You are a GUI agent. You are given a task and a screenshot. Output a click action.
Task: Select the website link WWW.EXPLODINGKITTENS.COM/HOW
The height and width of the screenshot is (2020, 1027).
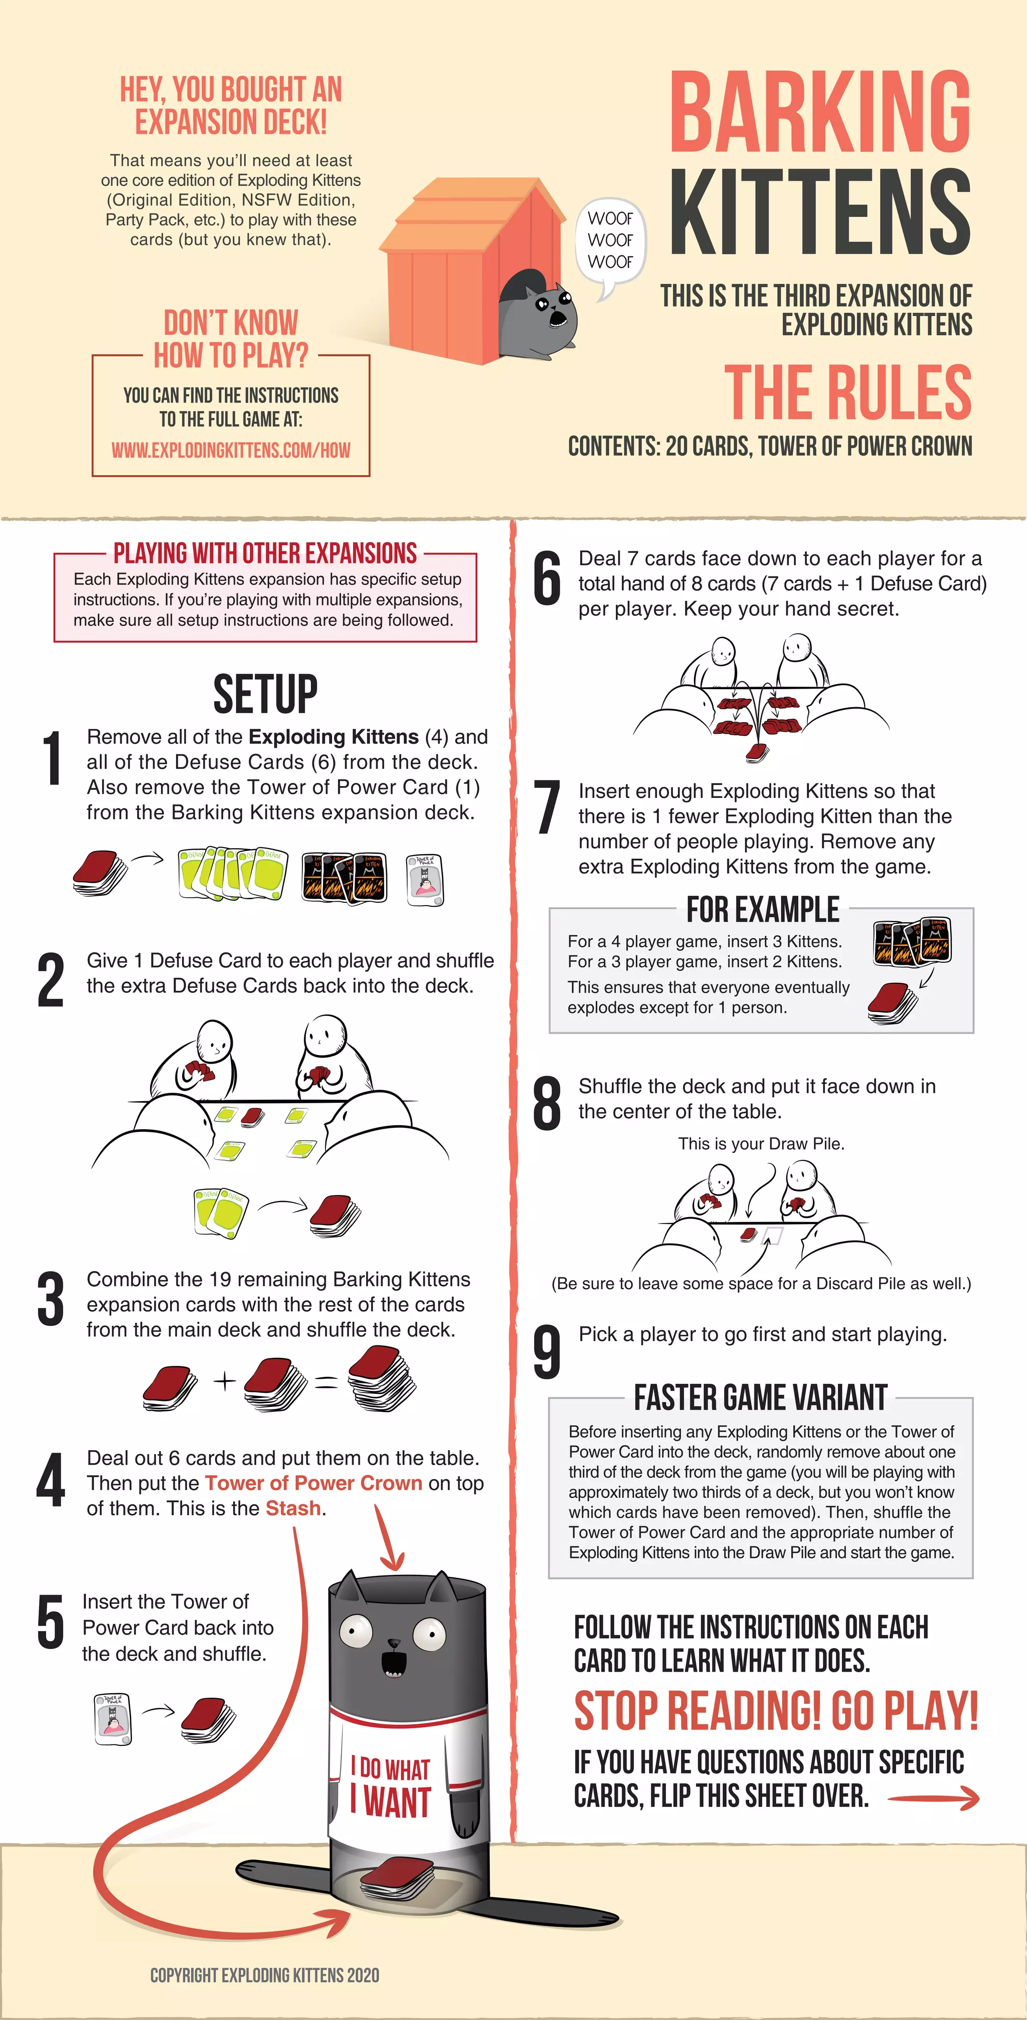pyautogui.click(x=231, y=450)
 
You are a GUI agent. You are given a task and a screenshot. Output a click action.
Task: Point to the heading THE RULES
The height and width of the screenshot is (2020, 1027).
pyautogui.click(x=847, y=392)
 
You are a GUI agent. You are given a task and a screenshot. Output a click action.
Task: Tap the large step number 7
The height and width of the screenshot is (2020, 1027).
pyautogui.click(x=547, y=807)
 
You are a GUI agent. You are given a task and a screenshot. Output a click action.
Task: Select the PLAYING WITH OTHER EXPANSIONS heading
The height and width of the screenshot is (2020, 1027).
pyautogui.click(x=265, y=553)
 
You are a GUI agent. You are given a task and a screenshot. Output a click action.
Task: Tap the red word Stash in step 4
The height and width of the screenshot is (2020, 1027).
pyautogui.click(x=293, y=1508)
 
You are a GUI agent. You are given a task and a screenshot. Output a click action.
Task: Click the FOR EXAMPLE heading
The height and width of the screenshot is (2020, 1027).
pyautogui.click(x=763, y=910)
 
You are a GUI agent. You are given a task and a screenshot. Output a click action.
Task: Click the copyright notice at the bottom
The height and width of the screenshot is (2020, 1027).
pyautogui.click(x=264, y=1974)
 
